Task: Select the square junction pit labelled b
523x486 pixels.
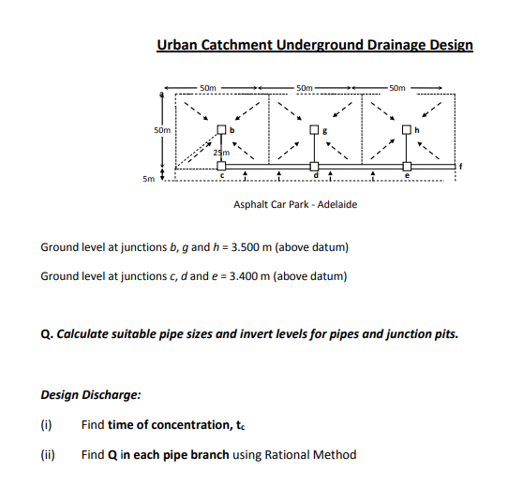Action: click(x=221, y=129)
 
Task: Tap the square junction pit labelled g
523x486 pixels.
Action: click(x=315, y=129)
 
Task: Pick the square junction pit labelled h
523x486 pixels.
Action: click(x=407, y=129)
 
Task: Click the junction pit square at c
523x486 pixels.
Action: click(x=221, y=163)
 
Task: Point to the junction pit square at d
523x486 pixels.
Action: click(x=315, y=163)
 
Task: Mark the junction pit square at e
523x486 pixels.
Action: click(x=407, y=163)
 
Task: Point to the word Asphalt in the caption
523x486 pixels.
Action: click(x=251, y=204)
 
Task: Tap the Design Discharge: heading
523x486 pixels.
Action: click(x=91, y=394)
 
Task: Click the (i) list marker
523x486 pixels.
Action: click(x=47, y=425)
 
